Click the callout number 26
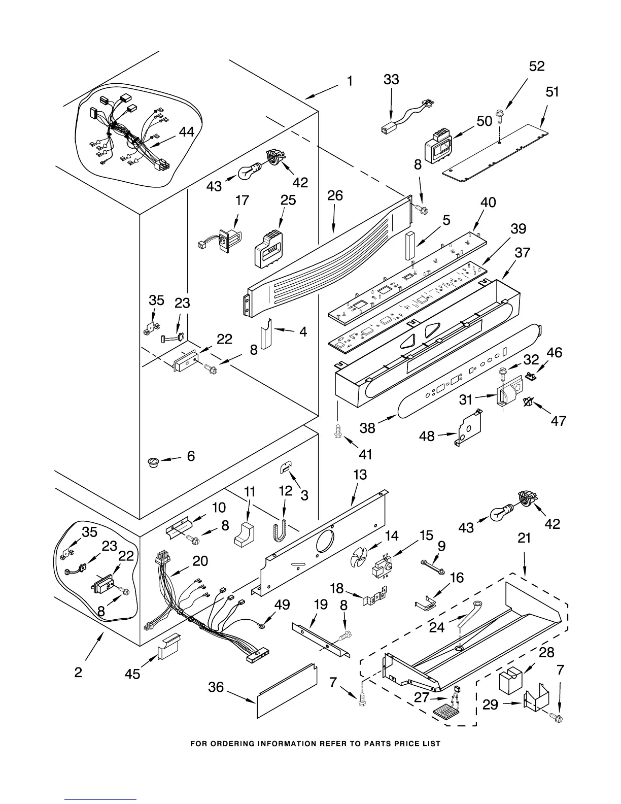(x=335, y=196)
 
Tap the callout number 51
(x=552, y=92)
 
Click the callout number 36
(x=216, y=687)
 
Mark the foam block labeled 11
(x=245, y=533)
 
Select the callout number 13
(x=360, y=475)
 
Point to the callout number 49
(x=282, y=605)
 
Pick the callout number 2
(x=78, y=673)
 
